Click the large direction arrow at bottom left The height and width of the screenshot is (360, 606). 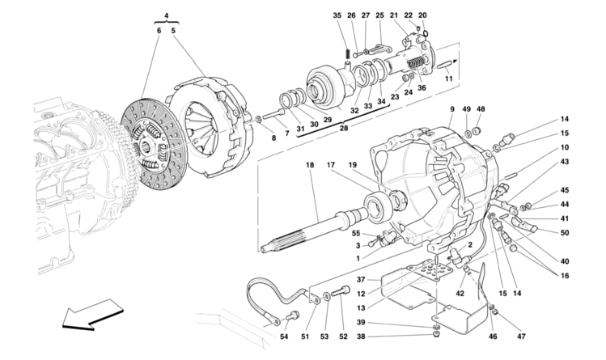[x=93, y=314]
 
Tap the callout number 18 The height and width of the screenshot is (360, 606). [x=310, y=165]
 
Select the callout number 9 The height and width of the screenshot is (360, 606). [x=452, y=109]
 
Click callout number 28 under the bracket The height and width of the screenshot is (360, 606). [x=344, y=128]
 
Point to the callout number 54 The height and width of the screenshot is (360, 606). [x=284, y=337]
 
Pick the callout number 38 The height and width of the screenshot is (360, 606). [x=361, y=337]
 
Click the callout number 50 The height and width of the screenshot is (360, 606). [x=565, y=232]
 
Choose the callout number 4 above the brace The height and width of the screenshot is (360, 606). [x=166, y=15]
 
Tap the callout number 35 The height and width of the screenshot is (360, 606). [x=337, y=15]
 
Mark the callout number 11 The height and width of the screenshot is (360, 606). [x=448, y=78]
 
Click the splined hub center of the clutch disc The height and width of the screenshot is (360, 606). [x=147, y=146]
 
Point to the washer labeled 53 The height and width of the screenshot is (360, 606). [x=327, y=297]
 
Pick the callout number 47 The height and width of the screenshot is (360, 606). [x=521, y=337]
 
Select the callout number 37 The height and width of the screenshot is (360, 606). [x=361, y=279]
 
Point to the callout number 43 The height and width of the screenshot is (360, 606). [x=565, y=162]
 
